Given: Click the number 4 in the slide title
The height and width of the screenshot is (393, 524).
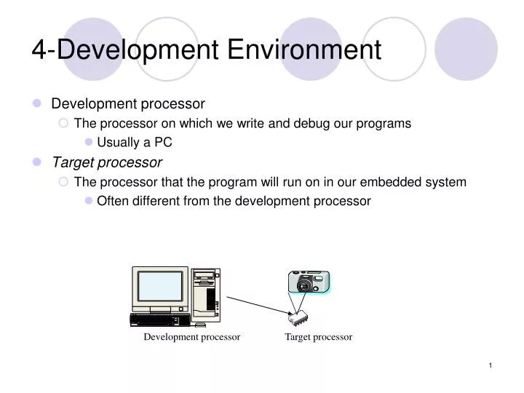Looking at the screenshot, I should point(39,49).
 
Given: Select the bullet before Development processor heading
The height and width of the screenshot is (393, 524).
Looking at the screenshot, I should point(37,104).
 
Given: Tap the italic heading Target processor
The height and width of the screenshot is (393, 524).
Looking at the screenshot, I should point(106,162).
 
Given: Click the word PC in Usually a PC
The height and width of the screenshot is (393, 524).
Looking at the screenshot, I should point(162,143).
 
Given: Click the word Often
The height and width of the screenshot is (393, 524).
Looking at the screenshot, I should point(112,201).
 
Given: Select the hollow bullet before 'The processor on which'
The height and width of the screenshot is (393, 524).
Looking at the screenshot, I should point(63,124).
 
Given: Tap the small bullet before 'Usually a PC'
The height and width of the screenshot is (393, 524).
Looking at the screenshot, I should point(89,143).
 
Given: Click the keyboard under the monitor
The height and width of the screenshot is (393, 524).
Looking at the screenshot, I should point(157,320).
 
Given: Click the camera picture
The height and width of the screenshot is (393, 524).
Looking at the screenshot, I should point(309,282).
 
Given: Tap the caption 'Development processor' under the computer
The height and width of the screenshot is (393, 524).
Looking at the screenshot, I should point(191,337).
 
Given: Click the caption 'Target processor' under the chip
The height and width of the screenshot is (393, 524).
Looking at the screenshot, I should point(318,337).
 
